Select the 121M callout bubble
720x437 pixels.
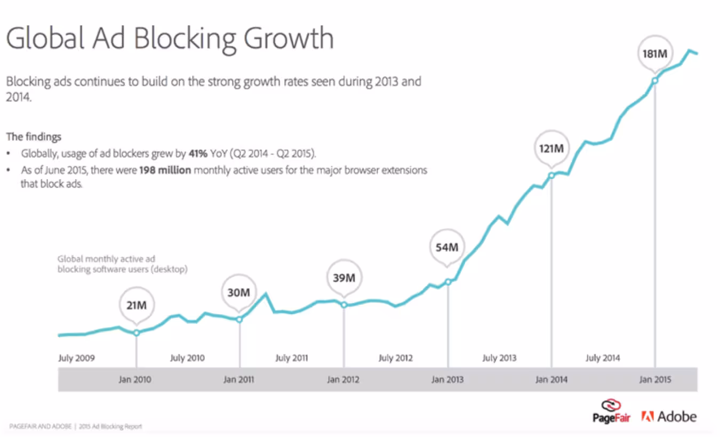coord(551,148)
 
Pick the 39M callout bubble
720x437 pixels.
coord(344,278)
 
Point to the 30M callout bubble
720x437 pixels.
coord(239,293)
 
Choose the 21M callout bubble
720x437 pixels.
coord(136,305)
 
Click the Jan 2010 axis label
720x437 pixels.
coord(135,380)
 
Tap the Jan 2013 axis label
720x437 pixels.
coord(447,380)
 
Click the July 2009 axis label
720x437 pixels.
coord(76,358)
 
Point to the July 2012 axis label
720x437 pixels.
coord(395,358)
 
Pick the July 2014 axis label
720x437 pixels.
coord(603,358)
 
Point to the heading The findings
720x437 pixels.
coord(34,137)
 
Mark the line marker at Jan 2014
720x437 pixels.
coord(551,175)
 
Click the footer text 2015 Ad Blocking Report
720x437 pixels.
coord(111,426)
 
